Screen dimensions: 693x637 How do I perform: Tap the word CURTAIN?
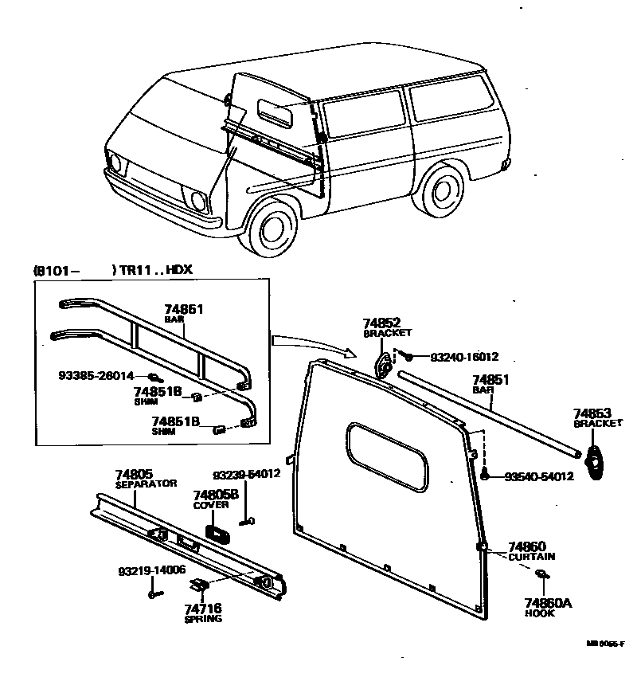532,557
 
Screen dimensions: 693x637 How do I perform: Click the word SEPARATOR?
146,484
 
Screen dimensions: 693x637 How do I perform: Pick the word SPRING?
203,619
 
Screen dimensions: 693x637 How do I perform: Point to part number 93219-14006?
151,570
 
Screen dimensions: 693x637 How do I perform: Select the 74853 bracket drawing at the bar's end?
594,461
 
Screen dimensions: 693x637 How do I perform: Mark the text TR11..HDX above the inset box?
155,270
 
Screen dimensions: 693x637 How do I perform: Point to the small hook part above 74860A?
541,574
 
